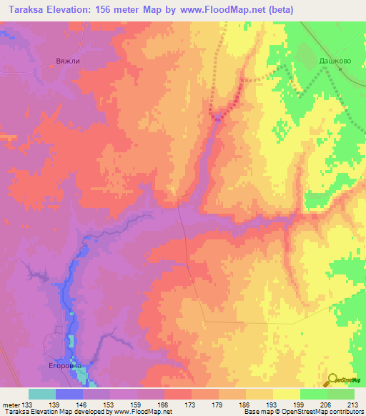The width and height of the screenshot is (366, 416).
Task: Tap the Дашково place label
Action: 332,61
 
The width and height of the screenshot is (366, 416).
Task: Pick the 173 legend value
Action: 190,405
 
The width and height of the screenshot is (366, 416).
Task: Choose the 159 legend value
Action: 137,405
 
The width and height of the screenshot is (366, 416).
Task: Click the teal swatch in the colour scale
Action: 42,394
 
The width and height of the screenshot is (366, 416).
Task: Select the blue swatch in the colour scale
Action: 69,394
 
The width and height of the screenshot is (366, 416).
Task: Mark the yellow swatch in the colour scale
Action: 286,394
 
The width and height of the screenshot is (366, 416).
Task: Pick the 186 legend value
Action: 244,405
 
